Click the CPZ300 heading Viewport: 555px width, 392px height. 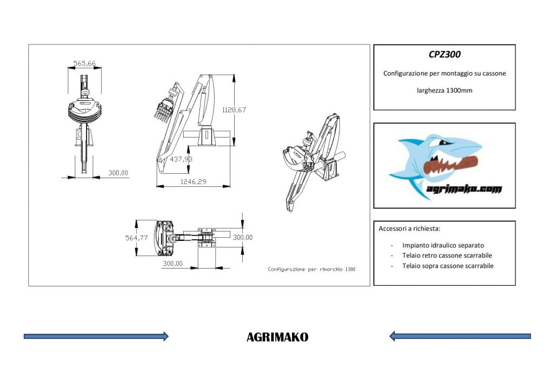[444, 55]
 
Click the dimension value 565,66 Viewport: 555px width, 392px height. [84, 64]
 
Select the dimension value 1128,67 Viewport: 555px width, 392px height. [234, 110]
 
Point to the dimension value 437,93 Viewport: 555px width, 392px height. [181, 159]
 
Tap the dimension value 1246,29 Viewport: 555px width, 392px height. [193, 182]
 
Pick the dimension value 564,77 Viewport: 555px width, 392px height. [136, 238]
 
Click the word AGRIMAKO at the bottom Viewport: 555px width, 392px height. [277, 337]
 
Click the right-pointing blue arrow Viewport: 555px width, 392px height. [96, 336]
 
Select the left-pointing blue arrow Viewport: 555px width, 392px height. [460, 336]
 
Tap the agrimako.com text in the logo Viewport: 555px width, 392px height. [464, 189]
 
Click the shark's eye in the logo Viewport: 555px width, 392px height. [443, 142]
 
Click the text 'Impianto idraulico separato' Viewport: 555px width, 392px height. [443, 245]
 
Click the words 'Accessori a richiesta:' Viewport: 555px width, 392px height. [409, 228]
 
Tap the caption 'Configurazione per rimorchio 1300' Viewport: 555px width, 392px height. [312, 269]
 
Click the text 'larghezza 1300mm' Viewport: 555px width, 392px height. [444, 90]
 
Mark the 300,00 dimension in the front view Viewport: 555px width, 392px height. [118, 173]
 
